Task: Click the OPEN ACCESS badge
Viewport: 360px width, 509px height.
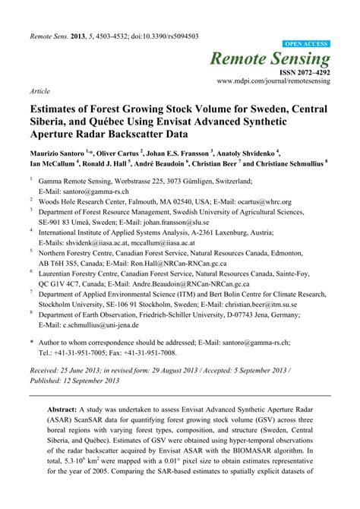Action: [x=307, y=45]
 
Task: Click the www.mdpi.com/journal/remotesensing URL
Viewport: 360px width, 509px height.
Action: [x=274, y=80]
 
